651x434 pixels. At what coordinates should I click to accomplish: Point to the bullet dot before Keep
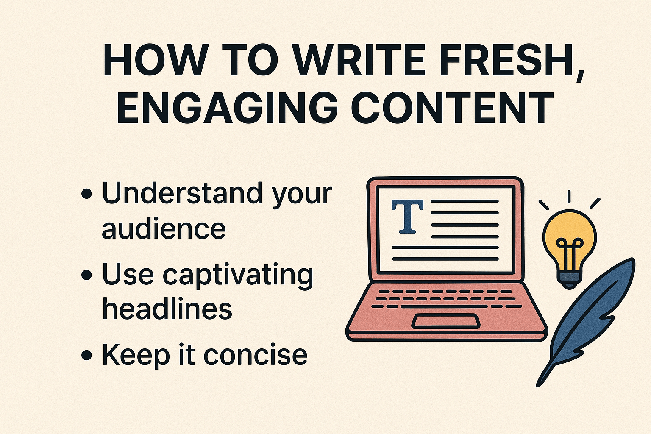(86, 355)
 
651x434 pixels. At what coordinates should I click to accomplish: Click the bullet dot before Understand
(86, 194)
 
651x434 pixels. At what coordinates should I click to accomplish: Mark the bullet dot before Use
(86, 274)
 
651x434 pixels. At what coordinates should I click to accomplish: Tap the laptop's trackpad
(446, 321)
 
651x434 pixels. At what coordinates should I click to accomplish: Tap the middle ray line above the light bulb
(569, 197)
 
